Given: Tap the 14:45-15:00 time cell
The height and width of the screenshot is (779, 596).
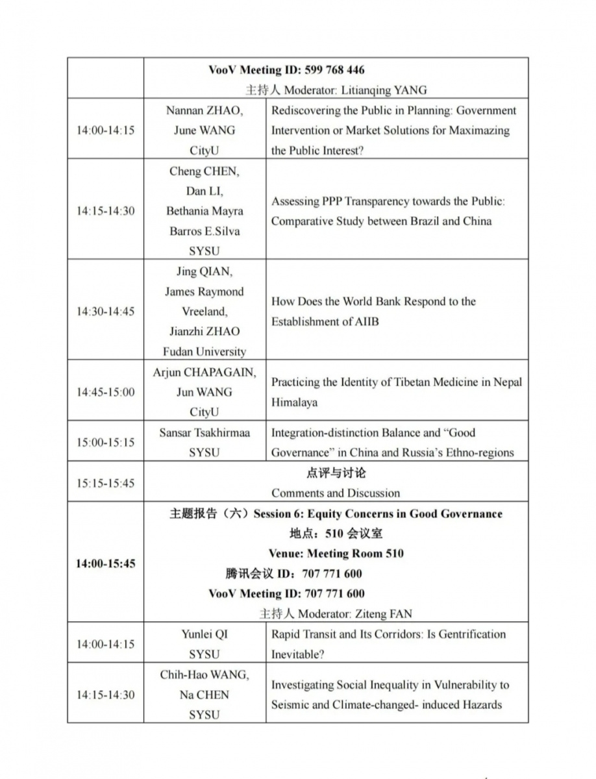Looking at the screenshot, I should coord(105,392).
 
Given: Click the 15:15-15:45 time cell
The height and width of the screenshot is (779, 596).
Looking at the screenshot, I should coord(105,483).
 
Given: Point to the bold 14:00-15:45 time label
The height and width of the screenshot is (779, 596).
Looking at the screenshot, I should coord(105,563).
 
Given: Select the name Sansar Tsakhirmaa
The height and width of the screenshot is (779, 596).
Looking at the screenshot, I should coord(205,432).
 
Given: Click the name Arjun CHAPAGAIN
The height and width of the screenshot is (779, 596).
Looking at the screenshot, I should coord(205,373).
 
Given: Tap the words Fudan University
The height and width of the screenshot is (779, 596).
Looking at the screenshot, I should coord(205,352).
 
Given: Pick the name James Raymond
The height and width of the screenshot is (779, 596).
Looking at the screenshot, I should coord(205,291).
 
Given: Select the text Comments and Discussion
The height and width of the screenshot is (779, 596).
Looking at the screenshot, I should coord(336,493).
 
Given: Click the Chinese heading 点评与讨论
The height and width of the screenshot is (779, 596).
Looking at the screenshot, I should coord(336,473).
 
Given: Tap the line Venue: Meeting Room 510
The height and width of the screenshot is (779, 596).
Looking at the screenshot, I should coord(336,554).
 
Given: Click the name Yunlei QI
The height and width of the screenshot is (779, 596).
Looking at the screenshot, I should coord(205,634).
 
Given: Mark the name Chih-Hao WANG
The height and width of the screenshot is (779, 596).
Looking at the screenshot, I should coord(205,674).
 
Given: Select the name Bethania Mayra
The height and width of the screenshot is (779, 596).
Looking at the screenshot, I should coord(205,211).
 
